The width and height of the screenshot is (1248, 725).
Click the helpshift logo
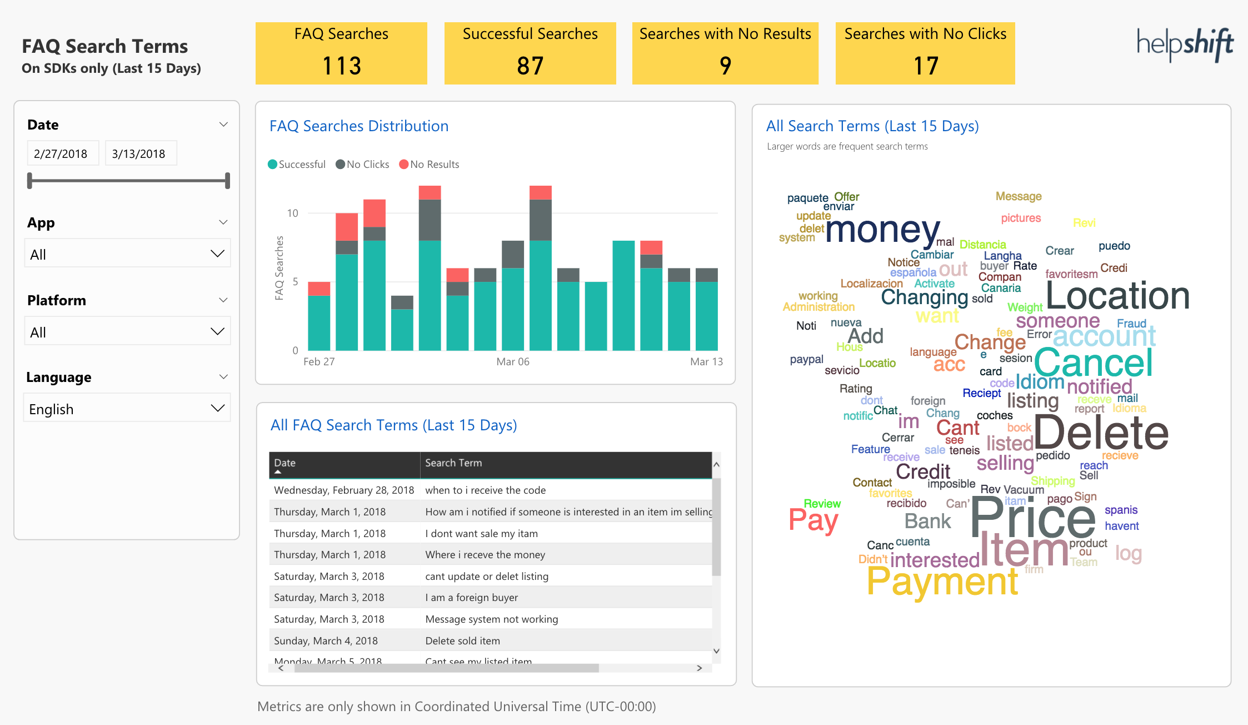1185,44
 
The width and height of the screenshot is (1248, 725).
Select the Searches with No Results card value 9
725,66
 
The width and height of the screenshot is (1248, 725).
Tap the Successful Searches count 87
530,66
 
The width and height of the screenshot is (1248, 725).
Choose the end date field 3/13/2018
141,153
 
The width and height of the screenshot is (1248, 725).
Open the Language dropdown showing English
127,409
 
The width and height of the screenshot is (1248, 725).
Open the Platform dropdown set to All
127,332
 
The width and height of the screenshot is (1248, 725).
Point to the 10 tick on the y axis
292,213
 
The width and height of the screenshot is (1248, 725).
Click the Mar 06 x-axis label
512,362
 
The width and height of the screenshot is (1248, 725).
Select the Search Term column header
453,463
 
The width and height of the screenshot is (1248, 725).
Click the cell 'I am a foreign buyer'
471,598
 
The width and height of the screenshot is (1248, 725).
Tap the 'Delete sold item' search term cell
462,641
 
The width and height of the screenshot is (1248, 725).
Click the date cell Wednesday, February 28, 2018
344,490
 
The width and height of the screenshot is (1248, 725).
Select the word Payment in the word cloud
942,582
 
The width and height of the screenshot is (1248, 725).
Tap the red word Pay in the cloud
813,520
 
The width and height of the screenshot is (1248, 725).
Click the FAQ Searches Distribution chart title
359,126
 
